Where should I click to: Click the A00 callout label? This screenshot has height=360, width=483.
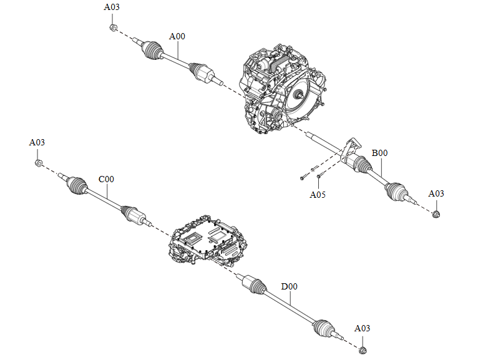pyautogui.click(x=177, y=36)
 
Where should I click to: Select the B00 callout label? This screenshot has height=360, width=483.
pyautogui.click(x=379, y=153)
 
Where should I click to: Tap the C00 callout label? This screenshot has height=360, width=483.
pyautogui.click(x=106, y=179)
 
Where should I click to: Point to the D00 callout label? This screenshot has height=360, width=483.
pyautogui.click(x=290, y=287)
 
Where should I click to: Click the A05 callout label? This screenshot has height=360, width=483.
pyautogui.click(x=318, y=195)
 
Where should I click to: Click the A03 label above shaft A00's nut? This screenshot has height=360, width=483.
pyautogui.click(x=112, y=7)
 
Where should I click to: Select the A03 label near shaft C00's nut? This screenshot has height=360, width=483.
pyautogui.click(x=37, y=143)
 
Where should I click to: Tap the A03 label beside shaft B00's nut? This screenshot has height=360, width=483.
pyautogui.click(x=436, y=193)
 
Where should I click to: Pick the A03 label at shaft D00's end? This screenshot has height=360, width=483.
pyautogui.click(x=362, y=328)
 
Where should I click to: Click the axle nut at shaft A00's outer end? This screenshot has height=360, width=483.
pyautogui.click(x=113, y=27)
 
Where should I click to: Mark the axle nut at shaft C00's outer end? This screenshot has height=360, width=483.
pyautogui.click(x=39, y=163)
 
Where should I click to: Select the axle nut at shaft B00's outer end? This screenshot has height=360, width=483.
pyautogui.click(x=436, y=214)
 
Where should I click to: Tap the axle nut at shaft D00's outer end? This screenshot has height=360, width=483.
pyautogui.click(x=363, y=350)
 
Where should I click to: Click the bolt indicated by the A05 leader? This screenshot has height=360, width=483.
pyautogui.click(x=319, y=177)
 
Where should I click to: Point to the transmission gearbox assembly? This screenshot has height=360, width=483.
pyautogui.click(x=282, y=89)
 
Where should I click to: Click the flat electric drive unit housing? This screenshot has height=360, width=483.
pyautogui.click(x=208, y=240)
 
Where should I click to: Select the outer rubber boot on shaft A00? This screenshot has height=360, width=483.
pyautogui.click(x=152, y=49)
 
